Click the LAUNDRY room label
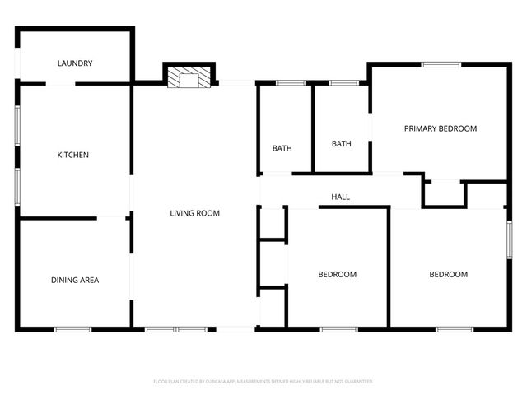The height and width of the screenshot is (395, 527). [x=75, y=63]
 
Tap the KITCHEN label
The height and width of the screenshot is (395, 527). [x=72, y=156]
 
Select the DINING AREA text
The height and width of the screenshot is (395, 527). [x=75, y=281]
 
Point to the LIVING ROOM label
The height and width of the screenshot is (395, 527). [x=194, y=214]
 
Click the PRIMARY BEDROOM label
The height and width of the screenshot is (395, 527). [x=440, y=128]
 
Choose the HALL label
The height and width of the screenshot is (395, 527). [x=340, y=197]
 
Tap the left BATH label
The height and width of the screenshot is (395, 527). [x=282, y=149]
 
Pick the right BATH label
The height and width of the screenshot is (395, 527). [x=341, y=144]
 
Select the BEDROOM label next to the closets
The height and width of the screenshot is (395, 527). [x=337, y=275]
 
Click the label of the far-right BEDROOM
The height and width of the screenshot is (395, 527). [x=448, y=275]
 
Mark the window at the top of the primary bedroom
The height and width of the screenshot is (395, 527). [x=441, y=64]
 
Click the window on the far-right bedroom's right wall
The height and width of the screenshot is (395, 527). [x=509, y=239]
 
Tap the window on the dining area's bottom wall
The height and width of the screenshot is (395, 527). [x=72, y=330]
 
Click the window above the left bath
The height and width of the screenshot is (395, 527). [x=291, y=82]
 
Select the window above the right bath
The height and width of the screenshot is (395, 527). [x=343, y=82]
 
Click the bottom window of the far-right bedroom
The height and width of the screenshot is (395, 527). [x=455, y=330]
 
